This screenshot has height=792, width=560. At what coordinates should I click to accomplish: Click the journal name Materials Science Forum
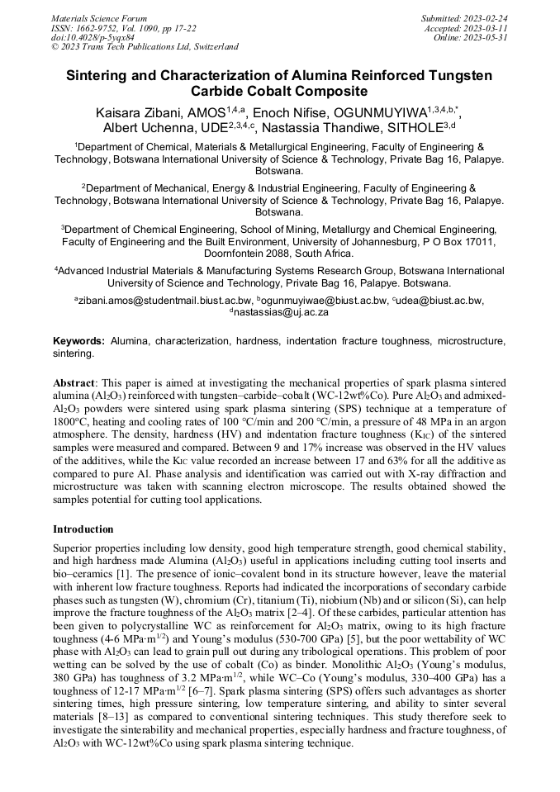tap(99, 17)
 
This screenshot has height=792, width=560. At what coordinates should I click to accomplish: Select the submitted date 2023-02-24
tap(485, 17)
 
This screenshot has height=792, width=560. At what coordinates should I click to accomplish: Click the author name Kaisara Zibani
tap(145, 112)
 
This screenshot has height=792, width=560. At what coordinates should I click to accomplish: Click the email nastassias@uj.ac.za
tap(282, 312)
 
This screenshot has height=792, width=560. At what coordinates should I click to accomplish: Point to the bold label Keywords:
tap(79, 340)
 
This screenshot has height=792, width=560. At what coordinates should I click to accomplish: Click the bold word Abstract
tap(74, 384)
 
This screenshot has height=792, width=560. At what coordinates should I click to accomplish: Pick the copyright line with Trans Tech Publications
tap(145, 47)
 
